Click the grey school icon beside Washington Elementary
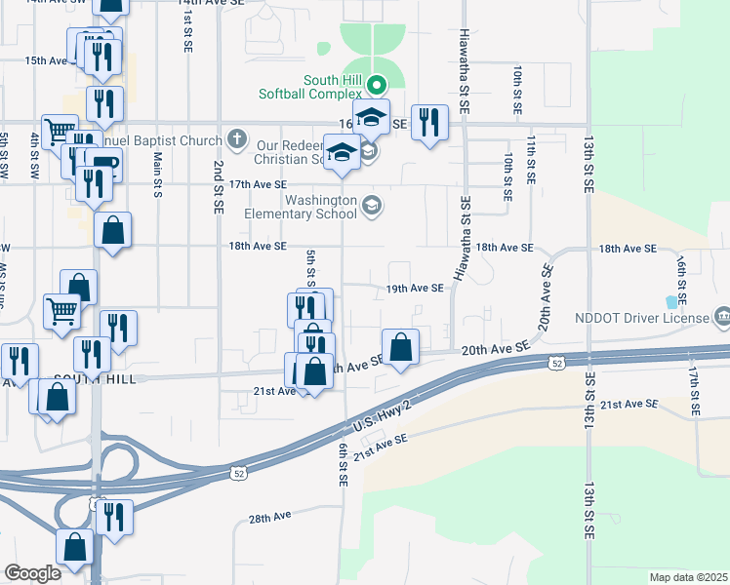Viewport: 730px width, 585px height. pyautogui.click(x=371, y=206)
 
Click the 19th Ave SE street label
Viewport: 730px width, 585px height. pyautogui.click(x=415, y=289)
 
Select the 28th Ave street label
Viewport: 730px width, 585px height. pyautogui.click(x=270, y=518)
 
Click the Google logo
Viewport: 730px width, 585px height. pyautogui.click(x=32, y=573)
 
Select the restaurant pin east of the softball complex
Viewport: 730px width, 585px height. pyautogui.click(x=429, y=123)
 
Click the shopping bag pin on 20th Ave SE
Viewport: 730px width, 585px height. pyautogui.click(x=400, y=348)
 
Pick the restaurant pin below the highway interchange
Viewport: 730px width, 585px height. pyautogui.click(x=114, y=518)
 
